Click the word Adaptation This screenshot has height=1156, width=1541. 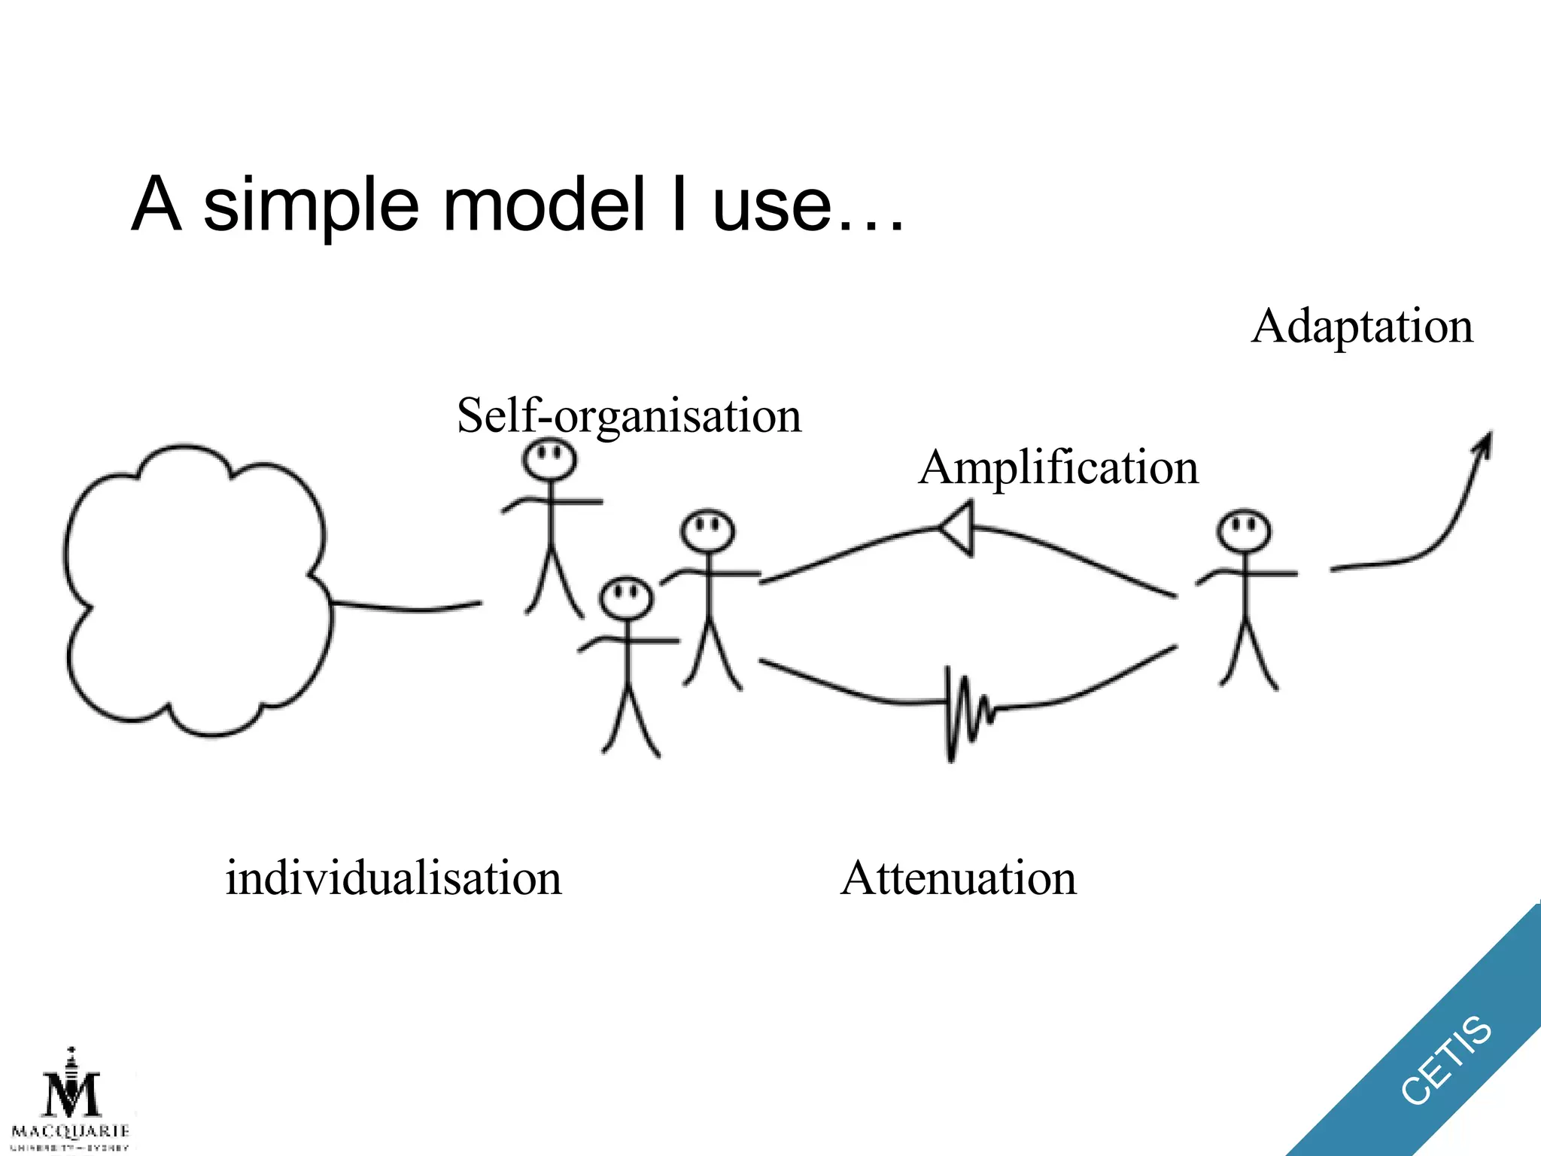(1362, 327)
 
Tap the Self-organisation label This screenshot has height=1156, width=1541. (629, 415)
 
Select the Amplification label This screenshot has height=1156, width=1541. (1058, 467)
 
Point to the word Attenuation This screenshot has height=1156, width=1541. (958, 878)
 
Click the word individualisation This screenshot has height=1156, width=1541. (394, 878)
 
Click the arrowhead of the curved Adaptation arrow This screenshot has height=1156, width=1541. (1485, 444)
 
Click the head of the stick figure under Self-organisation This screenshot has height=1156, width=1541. (550, 459)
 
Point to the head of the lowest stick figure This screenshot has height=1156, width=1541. (626, 598)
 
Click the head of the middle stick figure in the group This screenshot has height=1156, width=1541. (707, 531)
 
